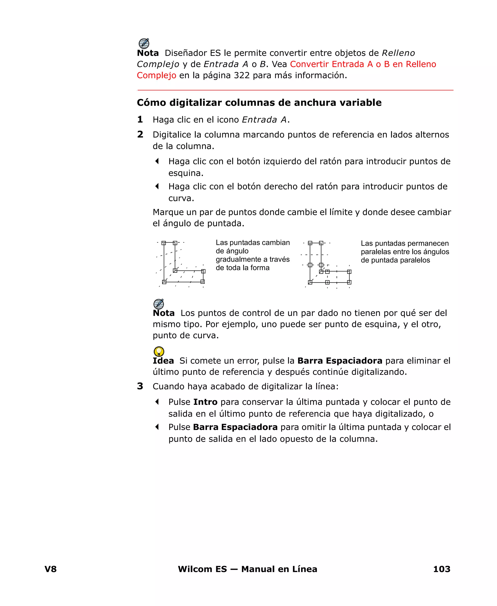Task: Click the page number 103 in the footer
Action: [x=441, y=569]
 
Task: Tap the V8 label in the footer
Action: [x=51, y=569]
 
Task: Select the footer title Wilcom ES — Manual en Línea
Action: [x=247, y=569]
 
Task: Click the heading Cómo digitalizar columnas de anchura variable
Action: [x=259, y=102]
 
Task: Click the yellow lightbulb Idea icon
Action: [x=159, y=351]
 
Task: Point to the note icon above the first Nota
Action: [x=144, y=43]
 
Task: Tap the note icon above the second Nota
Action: [x=159, y=304]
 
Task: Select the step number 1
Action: [x=140, y=119]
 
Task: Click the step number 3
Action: [x=140, y=386]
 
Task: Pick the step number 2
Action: [x=140, y=134]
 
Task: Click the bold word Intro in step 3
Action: [x=205, y=402]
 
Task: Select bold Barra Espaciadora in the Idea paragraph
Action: [x=340, y=361]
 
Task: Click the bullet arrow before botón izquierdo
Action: [x=157, y=161]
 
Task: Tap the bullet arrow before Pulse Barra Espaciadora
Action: [x=157, y=427]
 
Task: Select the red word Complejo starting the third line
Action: [x=156, y=75]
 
